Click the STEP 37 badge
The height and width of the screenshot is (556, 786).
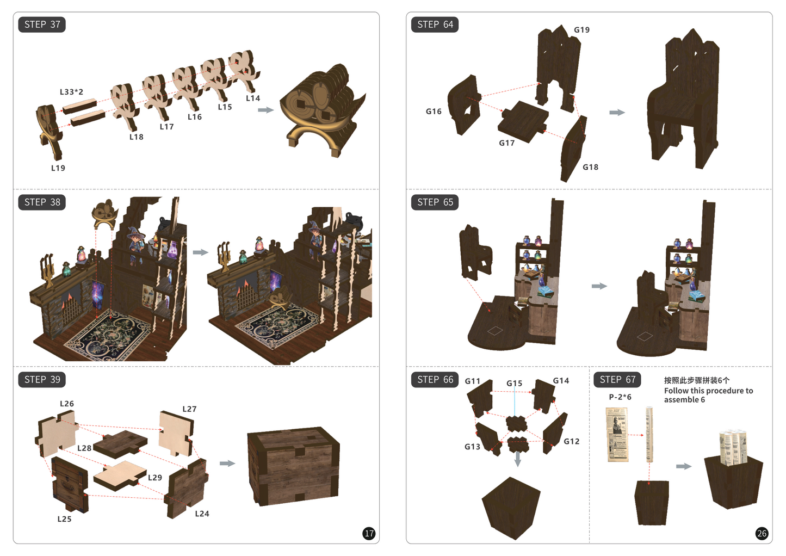pyautogui.click(x=42, y=24)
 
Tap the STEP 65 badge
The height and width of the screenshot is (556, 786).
pyautogui.click(x=435, y=202)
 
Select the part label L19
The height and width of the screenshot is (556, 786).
pyautogui.click(x=58, y=168)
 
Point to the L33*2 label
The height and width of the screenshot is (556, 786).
pyautogui.click(x=72, y=92)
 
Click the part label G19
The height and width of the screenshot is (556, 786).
pyautogui.click(x=582, y=30)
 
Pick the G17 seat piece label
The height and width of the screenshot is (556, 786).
pyautogui.click(x=507, y=143)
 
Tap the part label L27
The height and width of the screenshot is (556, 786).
pyautogui.click(x=189, y=409)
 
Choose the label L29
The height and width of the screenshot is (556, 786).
pyautogui.click(x=154, y=477)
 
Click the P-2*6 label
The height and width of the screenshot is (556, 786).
pyautogui.click(x=620, y=397)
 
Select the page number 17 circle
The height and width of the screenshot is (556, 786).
pyautogui.click(x=369, y=534)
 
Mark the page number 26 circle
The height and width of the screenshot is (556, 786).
pyautogui.click(x=762, y=534)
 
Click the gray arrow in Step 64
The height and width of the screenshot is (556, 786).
pyautogui.click(x=617, y=112)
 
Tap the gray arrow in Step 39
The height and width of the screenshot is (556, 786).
pyautogui.click(x=227, y=464)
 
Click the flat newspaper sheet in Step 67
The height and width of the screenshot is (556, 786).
pyautogui.click(x=617, y=435)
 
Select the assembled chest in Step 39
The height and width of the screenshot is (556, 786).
pyautogui.click(x=293, y=466)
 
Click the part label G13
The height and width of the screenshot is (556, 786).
pyautogui.click(x=472, y=447)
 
